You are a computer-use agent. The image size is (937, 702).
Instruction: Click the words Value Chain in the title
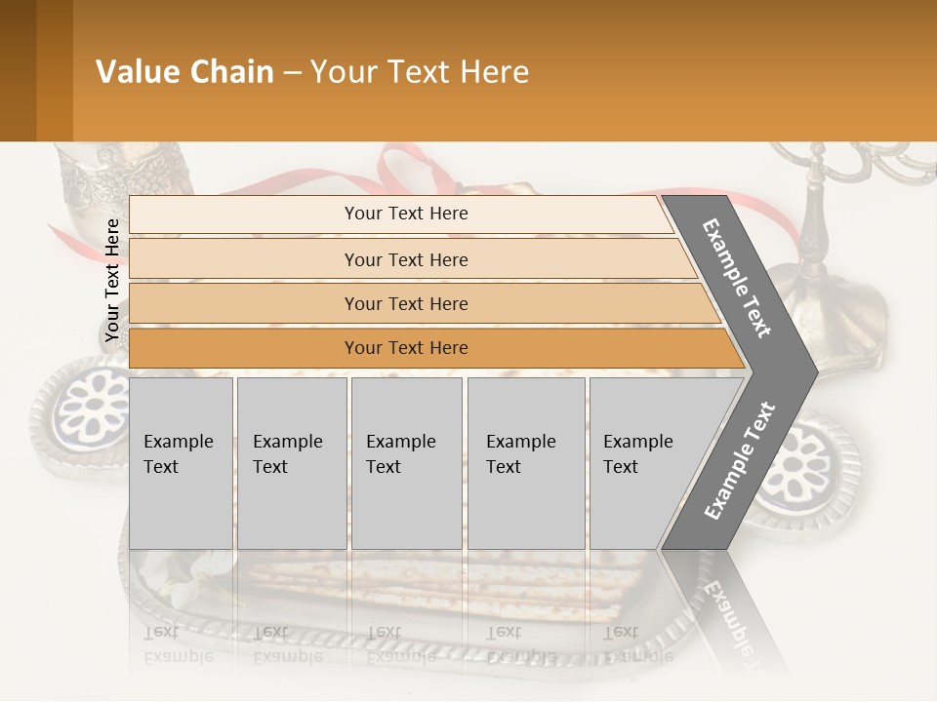pyautogui.click(x=184, y=72)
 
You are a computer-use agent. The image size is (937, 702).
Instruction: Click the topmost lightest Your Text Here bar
pyautogui.click(x=406, y=214)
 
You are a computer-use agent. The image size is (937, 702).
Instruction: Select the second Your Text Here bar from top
pyautogui.click(x=406, y=259)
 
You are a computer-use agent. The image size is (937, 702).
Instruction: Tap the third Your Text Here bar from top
pyautogui.click(x=406, y=303)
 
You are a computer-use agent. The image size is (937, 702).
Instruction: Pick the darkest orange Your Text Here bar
pyautogui.click(x=406, y=348)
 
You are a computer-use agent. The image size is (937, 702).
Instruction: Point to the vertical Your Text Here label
pyautogui.click(x=112, y=280)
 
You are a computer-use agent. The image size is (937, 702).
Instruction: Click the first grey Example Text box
pyautogui.click(x=181, y=462)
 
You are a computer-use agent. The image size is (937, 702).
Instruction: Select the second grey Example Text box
pyautogui.click(x=291, y=462)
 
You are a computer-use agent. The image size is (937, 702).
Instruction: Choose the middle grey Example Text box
pyautogui.click(x=405, y=462)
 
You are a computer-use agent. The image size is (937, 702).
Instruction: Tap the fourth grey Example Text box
pyautogui.click(x=525, y=462)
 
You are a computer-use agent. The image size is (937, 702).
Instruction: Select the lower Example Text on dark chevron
pyautogui.click(x=740, y=461)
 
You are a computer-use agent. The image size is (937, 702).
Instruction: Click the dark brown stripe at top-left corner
pyautogui.click(x=18, y=70)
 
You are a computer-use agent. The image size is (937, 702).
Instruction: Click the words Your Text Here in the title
pyautogui.click(x=420, y=72)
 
